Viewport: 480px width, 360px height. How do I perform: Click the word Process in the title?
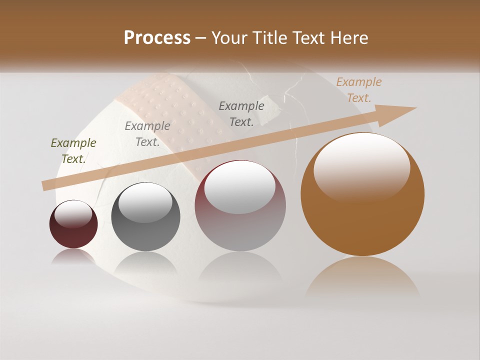pyautogui.click(x=157, y=38)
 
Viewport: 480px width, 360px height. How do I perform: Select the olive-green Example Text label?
pyautogui.click(x=73, y=151)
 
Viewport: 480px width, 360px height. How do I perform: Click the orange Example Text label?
pyautogui.click(x=359, y=90)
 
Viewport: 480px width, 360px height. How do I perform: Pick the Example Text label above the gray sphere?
pyautogui.click(x=147, y=134)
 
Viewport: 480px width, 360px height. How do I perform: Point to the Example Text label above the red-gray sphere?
pyautogui.click(x=241, y=113)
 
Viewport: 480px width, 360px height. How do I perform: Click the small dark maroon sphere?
pyautogui.click(x=73, y=224)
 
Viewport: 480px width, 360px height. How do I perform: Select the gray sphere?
pyautogui.click(x=145, y=216)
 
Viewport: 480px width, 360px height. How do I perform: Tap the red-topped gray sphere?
pyautogui.click(x=240, y=205)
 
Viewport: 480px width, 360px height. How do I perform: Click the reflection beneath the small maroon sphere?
pyautogui.click(x=73, y=256)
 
